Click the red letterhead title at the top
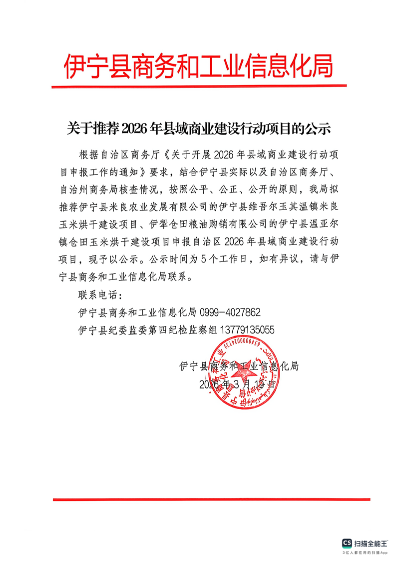coord(198,66)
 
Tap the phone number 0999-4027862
coord(230,312)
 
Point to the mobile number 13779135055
coord(245,330)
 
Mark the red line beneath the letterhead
coord(198,86)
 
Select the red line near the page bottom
coord(211,499)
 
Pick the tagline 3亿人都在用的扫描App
coord(365,553)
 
